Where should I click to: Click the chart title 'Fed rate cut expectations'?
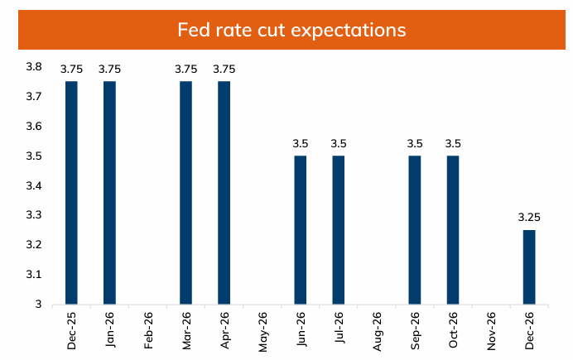pyautogui.click(x=291, y=31)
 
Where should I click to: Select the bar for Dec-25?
pyautogui.click(x=71, y=193)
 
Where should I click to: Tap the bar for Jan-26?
pyautogui.click(x=109, y=193)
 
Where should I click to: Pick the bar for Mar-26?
pyautogui.click(x=185, y=193)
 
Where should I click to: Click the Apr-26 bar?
pyautogui.click(x=224, y=193)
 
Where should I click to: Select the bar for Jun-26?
pyautogui.click(x=300, y=230)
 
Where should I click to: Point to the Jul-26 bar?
pyautogui.click(x=338, y=230)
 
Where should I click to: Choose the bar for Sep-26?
pyautogui.click(x=414, y=230)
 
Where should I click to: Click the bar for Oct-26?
pyautogui.click(x=452, y=230)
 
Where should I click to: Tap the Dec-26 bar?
pyautogui.click(x=528, y=266)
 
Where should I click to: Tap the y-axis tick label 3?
pyautogui.click(x=39, y=304)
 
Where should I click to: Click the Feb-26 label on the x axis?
pyautogui.click(x=149, y=330)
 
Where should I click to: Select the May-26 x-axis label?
pyautogui.click(x=263, y=330)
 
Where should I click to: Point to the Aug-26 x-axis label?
pyautogui.click(x=378, y=330)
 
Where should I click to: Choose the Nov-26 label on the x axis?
pyautogui.click(x=492, y=330)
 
